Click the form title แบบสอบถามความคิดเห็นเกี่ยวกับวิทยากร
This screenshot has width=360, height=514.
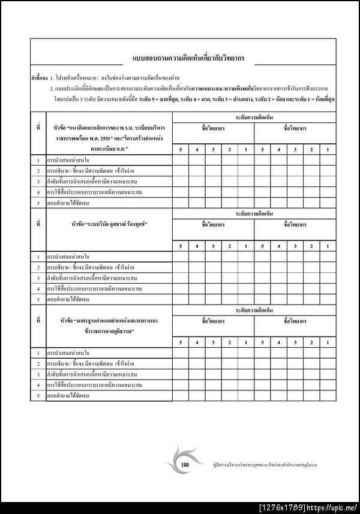pyautogui.click(x=192, y=59)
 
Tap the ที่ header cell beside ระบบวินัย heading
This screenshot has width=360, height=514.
pyautogui.click(x=38, y=224)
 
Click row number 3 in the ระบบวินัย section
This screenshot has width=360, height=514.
pyautogui.click(x=38, y=278)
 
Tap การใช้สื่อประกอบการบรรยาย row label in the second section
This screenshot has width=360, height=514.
pyautogui.click(x=94, y=288)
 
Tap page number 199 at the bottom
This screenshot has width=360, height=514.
pyautogui.click(x=185, y=465)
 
